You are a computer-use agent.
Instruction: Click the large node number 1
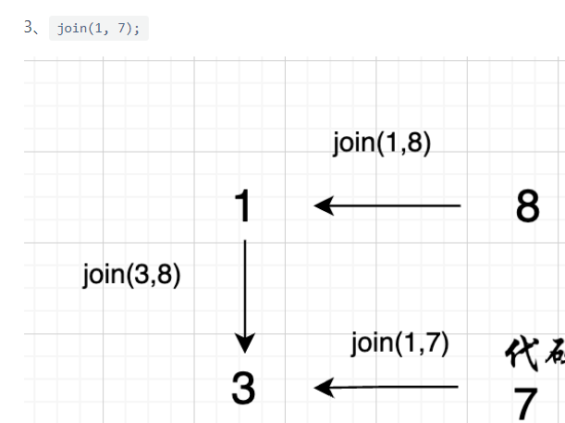click(243, 205)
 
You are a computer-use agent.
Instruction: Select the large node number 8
click(528, 206)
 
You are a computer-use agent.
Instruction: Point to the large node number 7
click(526, 403)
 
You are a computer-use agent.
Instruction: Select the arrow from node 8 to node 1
click(388, 205)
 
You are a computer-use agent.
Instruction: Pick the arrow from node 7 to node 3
click(388, 387)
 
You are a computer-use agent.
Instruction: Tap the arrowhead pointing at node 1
click(323, 205)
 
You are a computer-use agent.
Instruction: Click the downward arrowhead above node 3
click(245, 343)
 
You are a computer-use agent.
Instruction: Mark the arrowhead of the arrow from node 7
click(323, 387)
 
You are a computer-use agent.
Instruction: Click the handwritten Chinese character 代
click(520, 353)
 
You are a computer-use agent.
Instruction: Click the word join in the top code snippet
click(70, 28)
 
